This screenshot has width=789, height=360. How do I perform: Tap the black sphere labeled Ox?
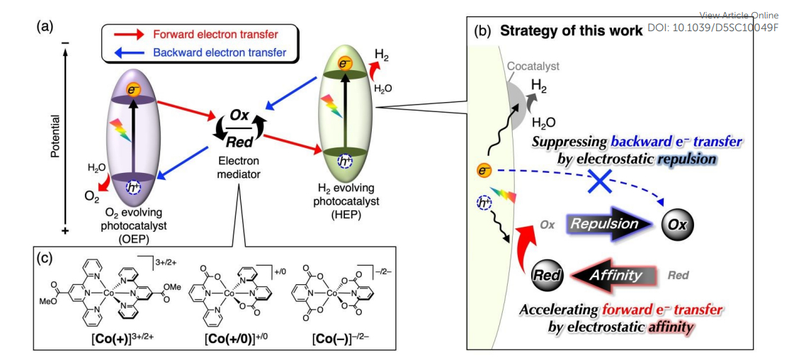676,225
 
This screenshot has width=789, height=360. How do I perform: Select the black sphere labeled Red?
547,275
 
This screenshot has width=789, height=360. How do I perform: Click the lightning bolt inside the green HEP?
329,108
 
